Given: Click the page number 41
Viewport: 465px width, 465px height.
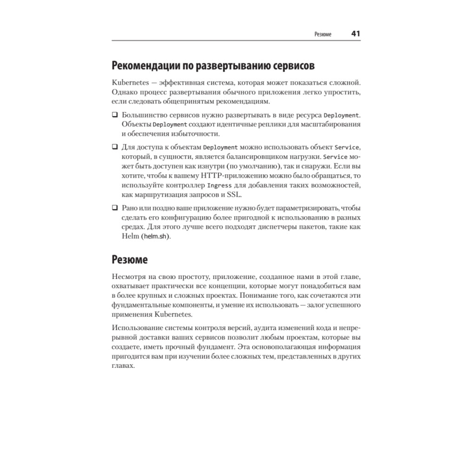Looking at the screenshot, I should (356, 34).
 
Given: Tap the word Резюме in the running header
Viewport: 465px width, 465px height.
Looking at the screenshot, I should (323, 35).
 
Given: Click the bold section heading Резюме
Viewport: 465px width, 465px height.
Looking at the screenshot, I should (130, 259).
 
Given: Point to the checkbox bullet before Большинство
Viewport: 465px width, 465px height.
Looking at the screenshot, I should (115, 115).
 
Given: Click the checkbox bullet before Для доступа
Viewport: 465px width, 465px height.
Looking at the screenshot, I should (115, 146).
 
